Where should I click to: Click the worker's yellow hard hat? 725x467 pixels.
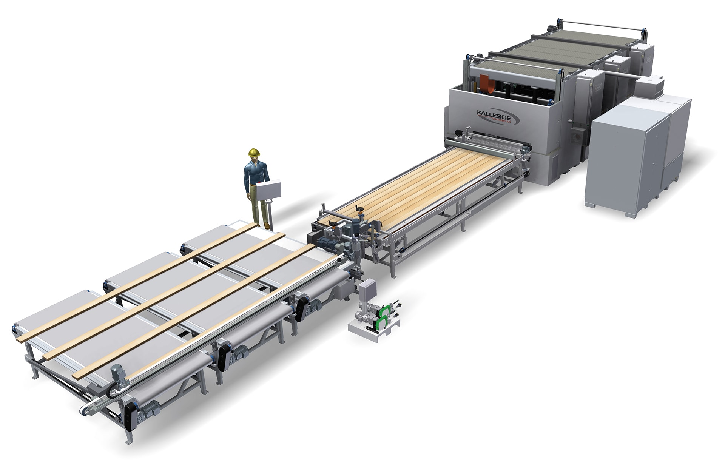coord(255,152)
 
